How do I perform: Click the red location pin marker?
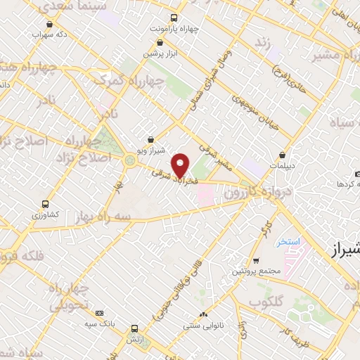(x=181, y=165)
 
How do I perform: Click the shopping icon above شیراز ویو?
(x=150, y=139)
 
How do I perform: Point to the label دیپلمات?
(x=282, y=166)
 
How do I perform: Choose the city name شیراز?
(x=343, y=249)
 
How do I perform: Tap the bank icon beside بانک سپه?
(x=98, y=313)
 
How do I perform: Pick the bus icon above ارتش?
(x=134, y=328)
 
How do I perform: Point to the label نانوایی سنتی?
(x=202, y=325)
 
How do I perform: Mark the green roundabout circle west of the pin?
(x=129, y=161)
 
